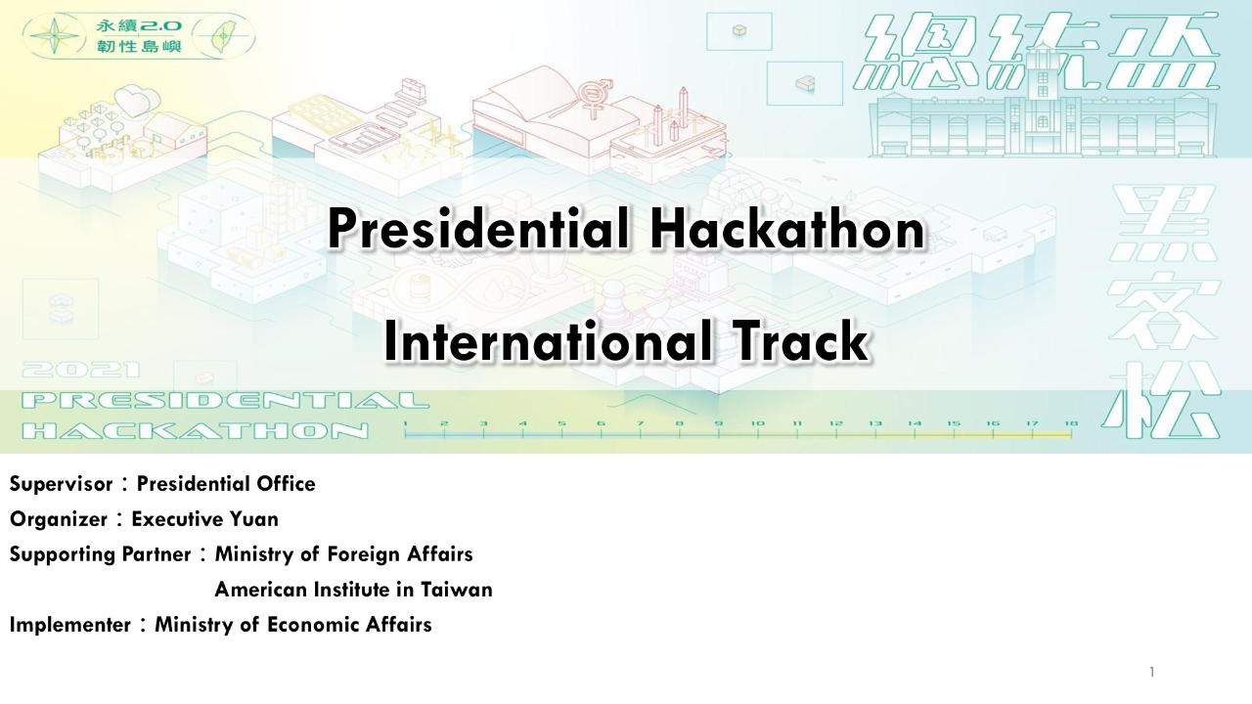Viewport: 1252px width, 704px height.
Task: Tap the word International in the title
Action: coord(548,341)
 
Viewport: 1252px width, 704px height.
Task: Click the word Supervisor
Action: coord(61,484)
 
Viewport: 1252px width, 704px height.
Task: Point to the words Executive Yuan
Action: coord(204,519)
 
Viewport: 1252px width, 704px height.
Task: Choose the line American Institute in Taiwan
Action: coord(353,590)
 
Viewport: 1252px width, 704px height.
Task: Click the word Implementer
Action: coord(69,625)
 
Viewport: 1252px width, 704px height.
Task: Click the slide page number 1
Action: coord(1152,672)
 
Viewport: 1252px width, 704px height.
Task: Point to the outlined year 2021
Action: coord(81,370)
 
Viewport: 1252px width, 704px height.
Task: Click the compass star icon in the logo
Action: coord(54,36)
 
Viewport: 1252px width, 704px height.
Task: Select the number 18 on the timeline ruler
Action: coord(1071,423)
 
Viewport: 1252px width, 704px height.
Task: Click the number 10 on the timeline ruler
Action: coord(757,423)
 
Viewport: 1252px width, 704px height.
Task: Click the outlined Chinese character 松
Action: coord(1161,400)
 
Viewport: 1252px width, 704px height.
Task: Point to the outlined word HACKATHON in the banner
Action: coord(196,431)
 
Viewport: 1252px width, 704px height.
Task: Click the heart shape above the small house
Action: coord(133,101)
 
